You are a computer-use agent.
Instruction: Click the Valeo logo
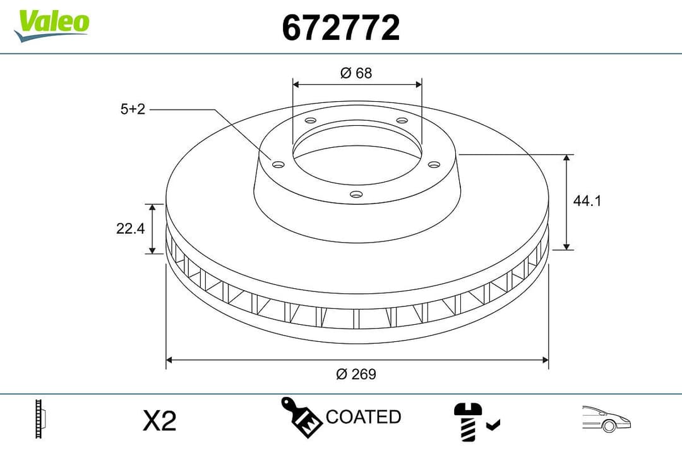(x=52, y=24)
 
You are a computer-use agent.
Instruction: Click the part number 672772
(x=340, y=28)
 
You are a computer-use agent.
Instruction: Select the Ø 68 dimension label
(x=356, y=73)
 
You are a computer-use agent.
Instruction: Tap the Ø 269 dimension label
(x=356, y=374)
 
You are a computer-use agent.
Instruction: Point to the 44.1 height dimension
(x=587, y=201)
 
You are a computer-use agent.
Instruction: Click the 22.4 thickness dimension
(x=131, y=229)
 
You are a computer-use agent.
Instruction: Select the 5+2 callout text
(x=133, y=109)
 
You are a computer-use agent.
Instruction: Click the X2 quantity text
(x=159, y=421)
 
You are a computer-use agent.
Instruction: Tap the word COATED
(x=363, y=417)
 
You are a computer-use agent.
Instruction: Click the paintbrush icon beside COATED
(x=301, y=416)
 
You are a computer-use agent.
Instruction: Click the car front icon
(x=607, y=418)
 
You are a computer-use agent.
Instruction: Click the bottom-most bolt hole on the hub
(x=356, y=195)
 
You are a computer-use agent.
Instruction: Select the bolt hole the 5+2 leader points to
(x=278, y=165)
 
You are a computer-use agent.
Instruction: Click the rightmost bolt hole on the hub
(x=433, y=164)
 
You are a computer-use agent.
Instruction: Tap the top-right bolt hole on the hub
(x=401, y=121)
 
